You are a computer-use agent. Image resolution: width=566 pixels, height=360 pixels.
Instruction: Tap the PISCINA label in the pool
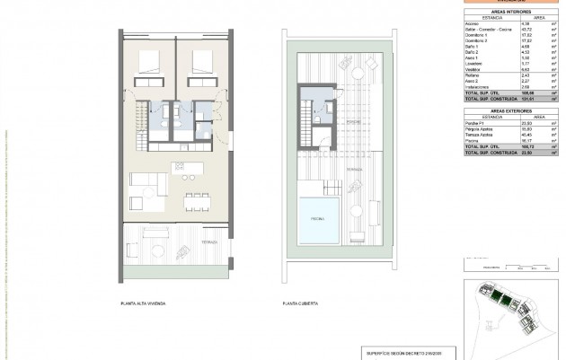click(318, 217)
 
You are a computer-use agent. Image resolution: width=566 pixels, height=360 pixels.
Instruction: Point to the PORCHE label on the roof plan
click(353, 119)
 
